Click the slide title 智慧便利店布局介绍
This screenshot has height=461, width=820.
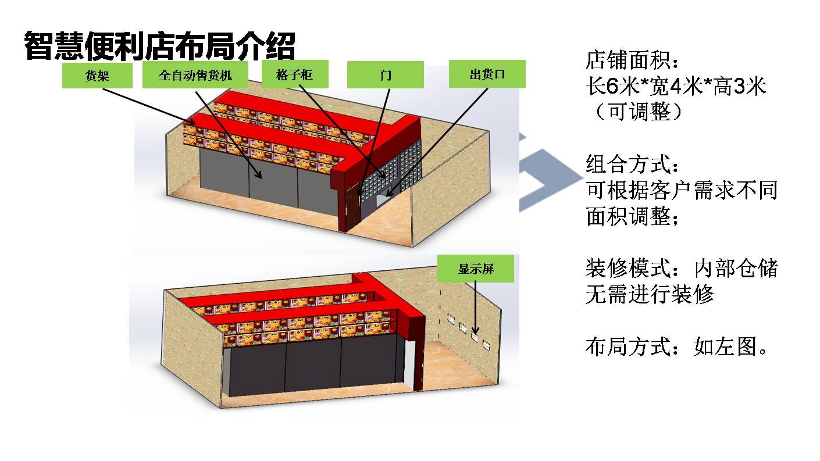coord(160,45)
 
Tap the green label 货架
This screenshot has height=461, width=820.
coord(98,76)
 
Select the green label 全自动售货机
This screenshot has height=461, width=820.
coord(195,76)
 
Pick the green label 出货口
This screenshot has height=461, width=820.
coord(487,74)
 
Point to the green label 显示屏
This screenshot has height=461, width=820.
coord(476,269)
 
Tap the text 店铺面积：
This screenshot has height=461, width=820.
coord(631,60)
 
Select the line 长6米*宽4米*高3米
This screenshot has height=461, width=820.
coord(676,87)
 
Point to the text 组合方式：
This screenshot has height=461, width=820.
coord(631,165)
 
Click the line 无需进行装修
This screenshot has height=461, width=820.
coord(649,295)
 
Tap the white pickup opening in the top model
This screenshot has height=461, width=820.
coord(384,199)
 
